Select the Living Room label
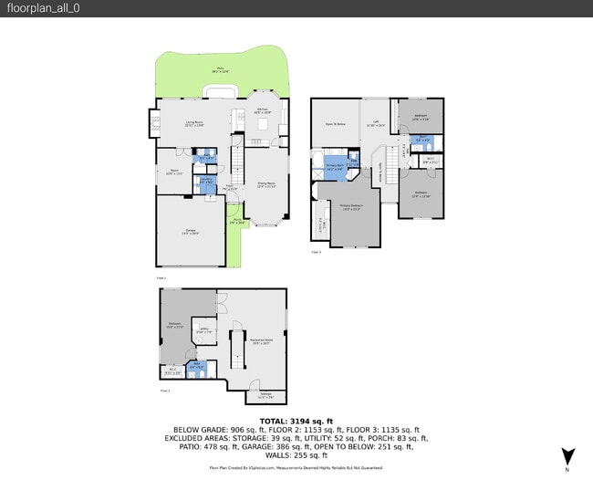pyautogui.click(x=194, y=123)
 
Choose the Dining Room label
pyautogui.click(x=265, y=185)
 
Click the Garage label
pyautogui.click(x=190, y=230)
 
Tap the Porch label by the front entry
pyautogui.click(x=235, y=220)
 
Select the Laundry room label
pyautogui.click(x=206, y=180)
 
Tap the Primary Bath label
pyautogui.click(x=335, y=167)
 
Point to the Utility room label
pyautogui.click(x=201, y=331)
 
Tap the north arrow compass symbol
pyautogui.click(x=570, y=455)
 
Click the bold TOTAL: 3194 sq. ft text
pyautogui.click(x=296, y=421)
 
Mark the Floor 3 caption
pyautogui.click(x=316, y=251)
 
